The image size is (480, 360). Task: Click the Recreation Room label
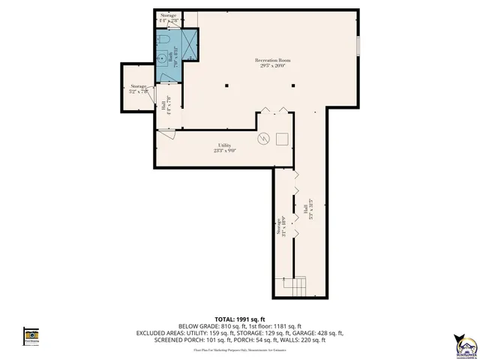pos(271,63)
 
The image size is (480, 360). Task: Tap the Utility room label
pos(224,147)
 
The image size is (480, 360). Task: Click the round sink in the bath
pos(163,55)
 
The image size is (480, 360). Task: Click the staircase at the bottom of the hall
pos(297,286)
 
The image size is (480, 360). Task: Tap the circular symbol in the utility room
pos(263,139)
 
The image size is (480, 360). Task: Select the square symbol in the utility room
pos(283,139)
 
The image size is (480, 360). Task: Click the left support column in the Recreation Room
pos(226,86)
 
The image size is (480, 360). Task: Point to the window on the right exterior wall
pos(358,46)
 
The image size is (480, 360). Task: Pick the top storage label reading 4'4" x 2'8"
pos(168,18)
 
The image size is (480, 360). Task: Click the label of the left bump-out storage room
pos(139,89)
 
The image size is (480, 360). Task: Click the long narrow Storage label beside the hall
pos(283,225)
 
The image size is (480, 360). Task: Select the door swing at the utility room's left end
pos(166,135)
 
